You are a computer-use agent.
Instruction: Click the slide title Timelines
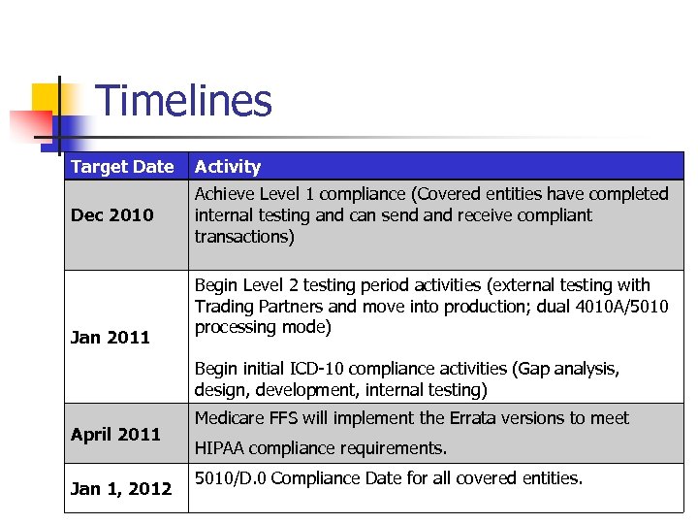[x=184, y=102]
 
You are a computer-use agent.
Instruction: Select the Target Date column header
[x=122, y=167]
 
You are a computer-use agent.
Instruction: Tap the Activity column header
[x=228, y=167]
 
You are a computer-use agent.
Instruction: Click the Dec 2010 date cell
[x=112, y=215]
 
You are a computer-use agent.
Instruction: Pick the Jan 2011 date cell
[x=111, y=338]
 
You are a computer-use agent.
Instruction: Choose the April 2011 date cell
[x=115, y=435]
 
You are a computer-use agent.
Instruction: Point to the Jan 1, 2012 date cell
[x=121, y=488]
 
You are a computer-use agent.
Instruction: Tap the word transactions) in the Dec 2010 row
[x=244, y=237]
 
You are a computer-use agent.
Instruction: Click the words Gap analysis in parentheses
[x=564, y=369]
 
